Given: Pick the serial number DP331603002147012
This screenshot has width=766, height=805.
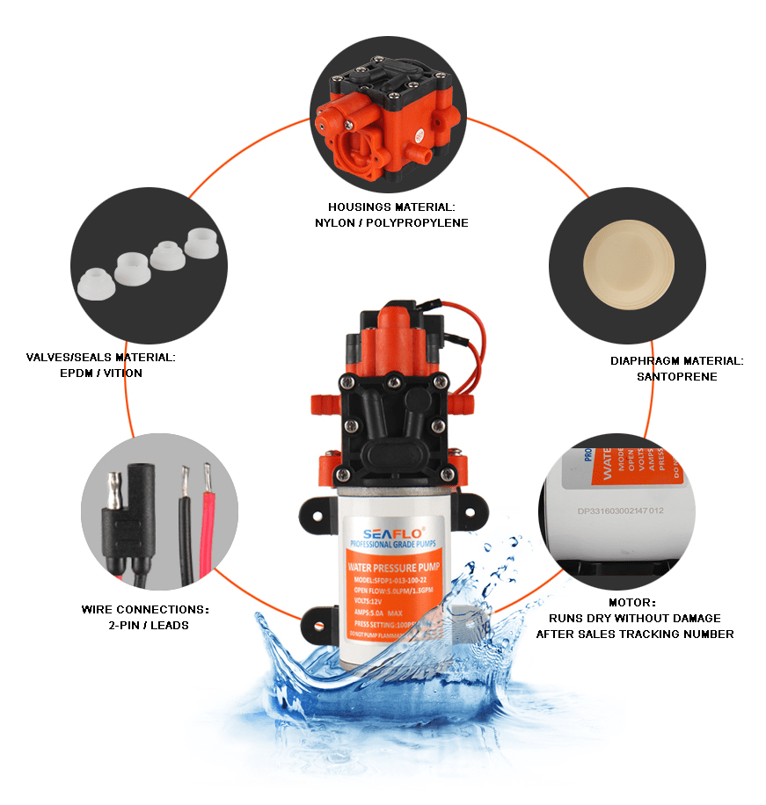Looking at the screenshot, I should (620, 510).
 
